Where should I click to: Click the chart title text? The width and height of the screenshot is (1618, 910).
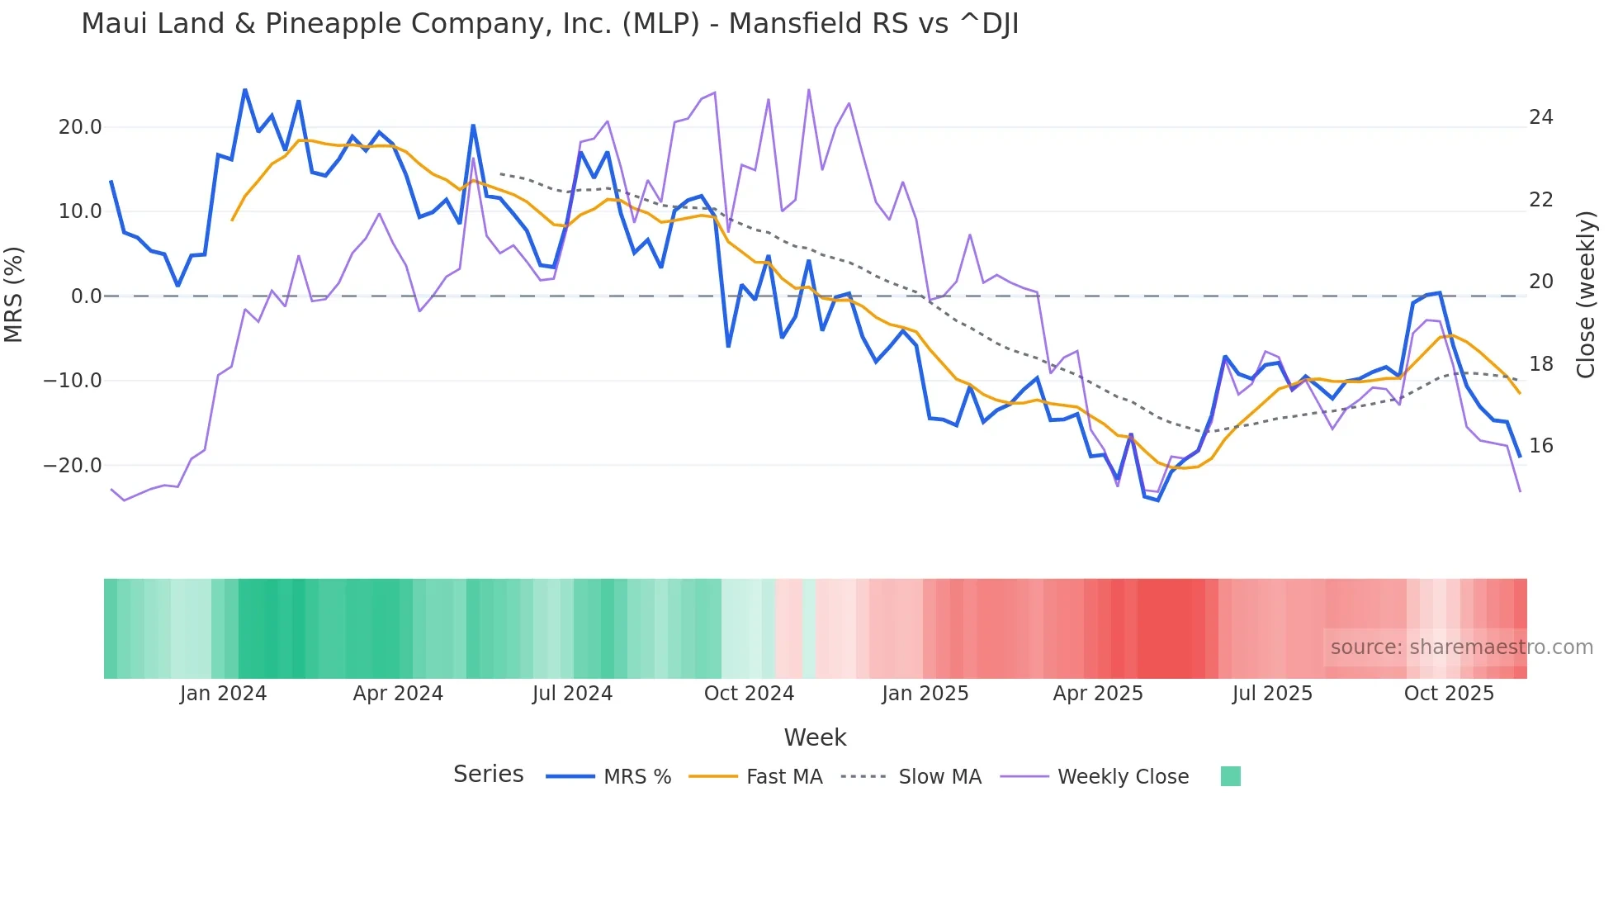click(550, 24)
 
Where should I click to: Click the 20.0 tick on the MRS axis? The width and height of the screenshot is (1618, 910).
click(80, 127)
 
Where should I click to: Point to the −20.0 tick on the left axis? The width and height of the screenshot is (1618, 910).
click(73, 466)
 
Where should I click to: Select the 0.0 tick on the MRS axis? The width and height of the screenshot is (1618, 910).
click(86, 296)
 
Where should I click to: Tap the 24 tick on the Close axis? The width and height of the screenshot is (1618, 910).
click(1540, 117)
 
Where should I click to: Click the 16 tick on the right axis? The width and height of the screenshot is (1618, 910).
click(1540, 446)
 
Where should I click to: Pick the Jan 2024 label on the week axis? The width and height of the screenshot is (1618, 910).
click(223, 694)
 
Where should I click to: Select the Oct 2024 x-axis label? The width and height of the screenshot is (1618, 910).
click(749, 694)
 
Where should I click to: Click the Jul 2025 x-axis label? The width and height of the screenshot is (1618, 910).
click(1272, 694)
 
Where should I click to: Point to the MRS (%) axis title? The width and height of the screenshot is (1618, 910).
click(14, 294)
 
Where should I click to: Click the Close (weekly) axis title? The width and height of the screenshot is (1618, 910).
click(1586, 294)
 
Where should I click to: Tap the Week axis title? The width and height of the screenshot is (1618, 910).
click(815, 737)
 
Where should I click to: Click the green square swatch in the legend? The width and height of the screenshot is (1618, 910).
click(1230, 776)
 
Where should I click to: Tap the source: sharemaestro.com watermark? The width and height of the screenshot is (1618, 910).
click(1461, 647)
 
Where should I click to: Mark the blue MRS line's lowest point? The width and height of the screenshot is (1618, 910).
click(1157, 500)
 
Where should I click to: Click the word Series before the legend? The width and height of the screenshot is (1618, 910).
click(488, 775)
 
